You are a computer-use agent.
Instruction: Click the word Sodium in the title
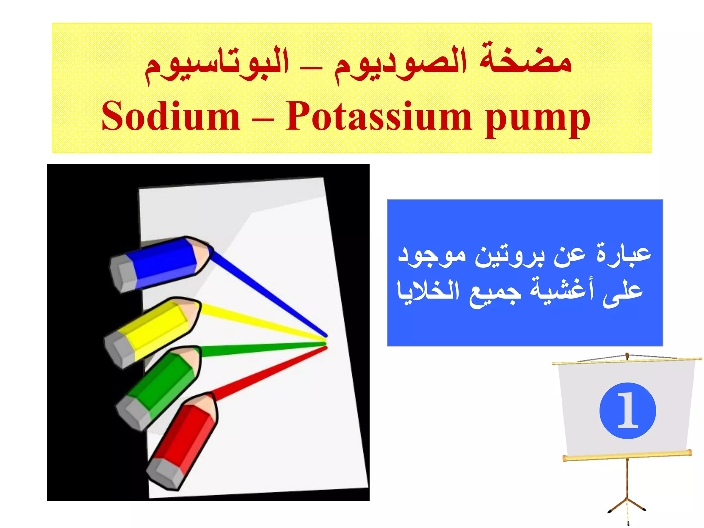point(171,116)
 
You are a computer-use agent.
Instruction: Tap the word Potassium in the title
point(378,116)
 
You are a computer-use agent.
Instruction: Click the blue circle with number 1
point(627,410)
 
